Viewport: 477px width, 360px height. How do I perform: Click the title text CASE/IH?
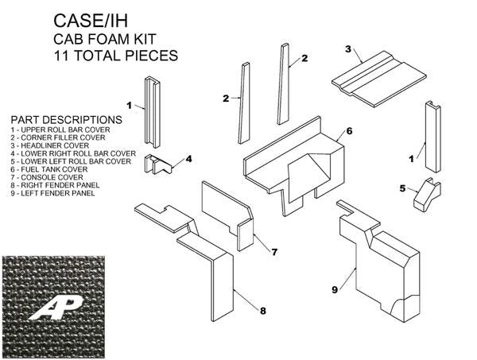(x=90, y=21)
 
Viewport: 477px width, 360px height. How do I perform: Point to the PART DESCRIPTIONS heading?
(x=61, y=119)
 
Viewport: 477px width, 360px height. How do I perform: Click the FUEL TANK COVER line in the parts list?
(x=50, y=170)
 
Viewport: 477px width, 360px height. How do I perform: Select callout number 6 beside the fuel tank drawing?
(x=348, y=130)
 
